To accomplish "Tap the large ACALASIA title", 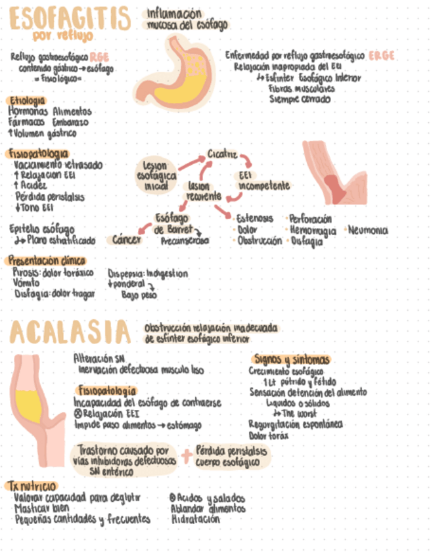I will (70, 332).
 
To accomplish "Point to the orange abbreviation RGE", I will (100, 57).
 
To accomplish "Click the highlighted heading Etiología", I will (26, 100).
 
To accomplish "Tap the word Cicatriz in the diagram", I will (222, 154).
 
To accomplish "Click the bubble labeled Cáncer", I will (126, 240).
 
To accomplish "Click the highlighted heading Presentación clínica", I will (49, 259).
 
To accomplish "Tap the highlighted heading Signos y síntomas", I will (291, 359).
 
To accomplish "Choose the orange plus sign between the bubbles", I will (187, 455).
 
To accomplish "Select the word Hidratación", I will (195, 519).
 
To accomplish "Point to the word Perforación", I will (310, 219).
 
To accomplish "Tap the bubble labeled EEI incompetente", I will (263, 181).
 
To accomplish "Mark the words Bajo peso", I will (139, 295).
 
